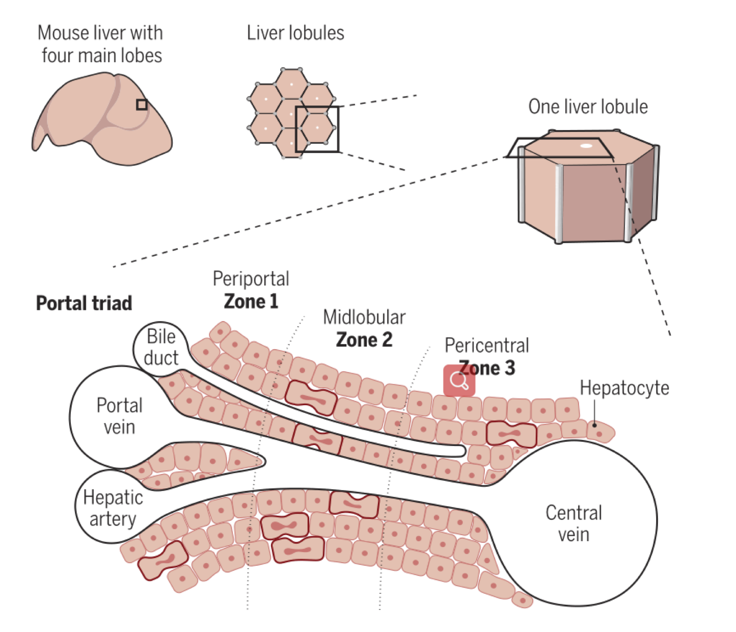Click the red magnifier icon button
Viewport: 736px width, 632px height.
[459, 380]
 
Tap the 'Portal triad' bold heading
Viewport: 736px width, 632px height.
[84, 303]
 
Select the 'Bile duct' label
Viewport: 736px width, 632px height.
[161, 347]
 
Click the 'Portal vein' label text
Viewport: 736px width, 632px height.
[120, 416]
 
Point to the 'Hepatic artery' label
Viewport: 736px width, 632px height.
[113, 508]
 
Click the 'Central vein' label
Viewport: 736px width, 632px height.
[574, 523]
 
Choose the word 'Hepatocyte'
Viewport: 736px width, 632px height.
[624, 388]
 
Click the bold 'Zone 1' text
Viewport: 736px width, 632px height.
[251, 301]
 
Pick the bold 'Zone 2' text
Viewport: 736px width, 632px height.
[364, 339]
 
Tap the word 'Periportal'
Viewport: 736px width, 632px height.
[251, 279]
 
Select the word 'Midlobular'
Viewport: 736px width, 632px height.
[364, 317]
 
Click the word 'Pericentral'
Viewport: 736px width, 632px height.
[487, 346]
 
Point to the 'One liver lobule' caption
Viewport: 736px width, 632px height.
[588, 107]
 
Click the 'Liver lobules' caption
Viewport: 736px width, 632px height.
[295, 33]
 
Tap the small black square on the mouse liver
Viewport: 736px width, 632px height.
[142, 104]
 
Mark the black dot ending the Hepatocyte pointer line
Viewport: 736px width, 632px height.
[594, 425]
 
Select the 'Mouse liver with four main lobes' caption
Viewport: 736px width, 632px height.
[101, 44]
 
